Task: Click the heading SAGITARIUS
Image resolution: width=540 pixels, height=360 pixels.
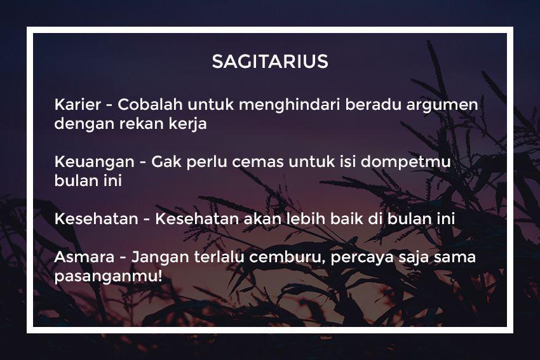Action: pos(270,62)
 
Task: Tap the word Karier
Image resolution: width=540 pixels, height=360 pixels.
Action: pos(78,104)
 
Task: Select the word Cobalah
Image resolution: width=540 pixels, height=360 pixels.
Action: pos(150,104)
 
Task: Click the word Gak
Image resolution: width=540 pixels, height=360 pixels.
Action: pos(166,161)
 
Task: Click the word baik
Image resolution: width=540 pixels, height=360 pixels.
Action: pos(347,218)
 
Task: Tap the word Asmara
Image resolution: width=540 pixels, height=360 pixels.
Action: pos(84,257)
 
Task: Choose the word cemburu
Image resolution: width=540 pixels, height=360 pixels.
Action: pos(285,257)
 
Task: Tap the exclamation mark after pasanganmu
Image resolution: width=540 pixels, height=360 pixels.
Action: pos(160,276)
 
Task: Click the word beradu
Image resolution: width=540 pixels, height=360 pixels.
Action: pos(373,104)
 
